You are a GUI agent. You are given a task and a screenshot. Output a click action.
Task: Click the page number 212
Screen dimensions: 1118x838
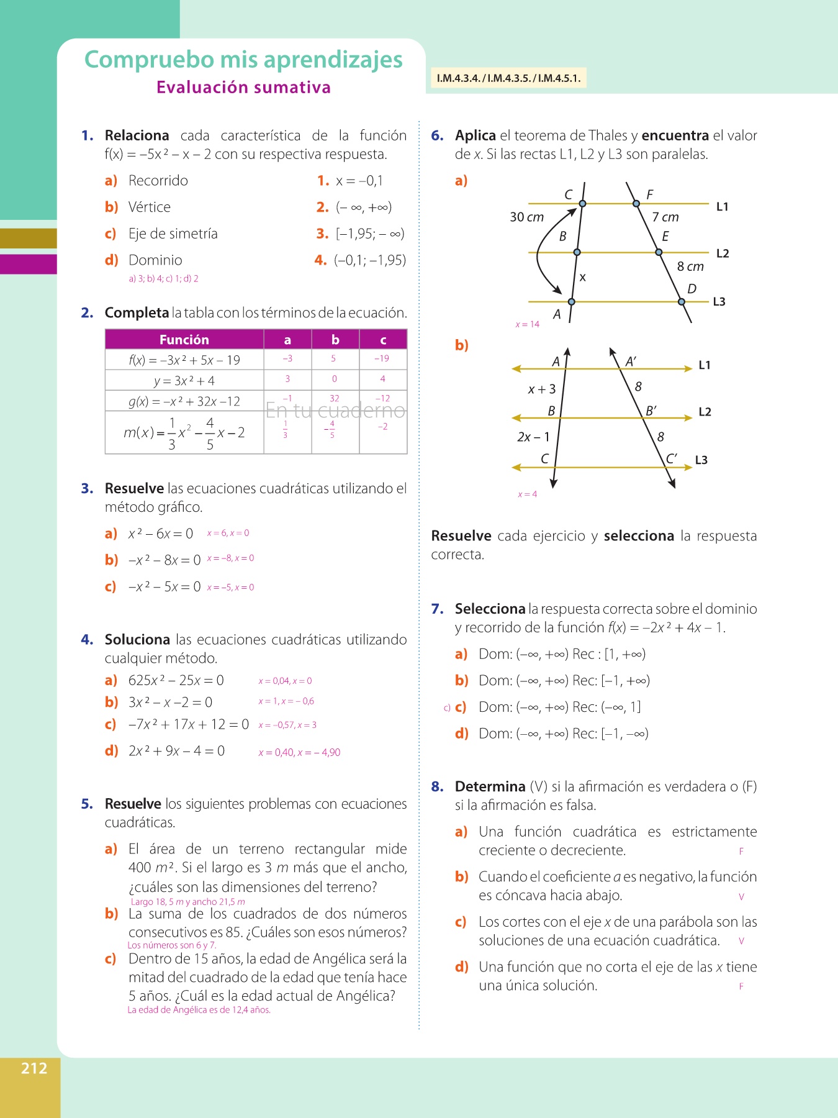tap(34, 1068)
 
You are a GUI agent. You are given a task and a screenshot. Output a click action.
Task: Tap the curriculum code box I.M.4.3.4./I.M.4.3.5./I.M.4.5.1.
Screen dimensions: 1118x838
tap(508, 78)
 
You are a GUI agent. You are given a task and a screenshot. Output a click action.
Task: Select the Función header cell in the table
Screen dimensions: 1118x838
tap(184, 340)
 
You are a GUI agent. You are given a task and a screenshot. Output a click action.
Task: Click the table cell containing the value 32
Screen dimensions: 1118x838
tap(335, 398)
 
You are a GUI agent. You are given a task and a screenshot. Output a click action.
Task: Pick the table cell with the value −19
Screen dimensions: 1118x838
tap(382, 358)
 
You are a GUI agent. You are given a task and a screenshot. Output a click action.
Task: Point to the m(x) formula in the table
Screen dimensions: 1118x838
tap(184, 432)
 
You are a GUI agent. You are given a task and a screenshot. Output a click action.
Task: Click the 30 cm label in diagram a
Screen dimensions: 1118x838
tap(526, 217)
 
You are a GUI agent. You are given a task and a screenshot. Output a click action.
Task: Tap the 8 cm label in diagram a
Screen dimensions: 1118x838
tap(690, 266)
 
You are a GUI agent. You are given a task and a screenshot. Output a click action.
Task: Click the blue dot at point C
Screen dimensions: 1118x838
tap(582, 203)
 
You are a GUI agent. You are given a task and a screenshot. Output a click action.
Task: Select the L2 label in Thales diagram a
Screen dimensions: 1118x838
tap(723, 253)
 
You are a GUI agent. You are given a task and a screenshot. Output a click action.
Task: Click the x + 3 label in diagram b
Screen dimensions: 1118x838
tap(542, 389)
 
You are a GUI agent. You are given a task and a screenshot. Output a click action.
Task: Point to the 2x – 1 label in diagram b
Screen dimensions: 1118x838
tap(533, 437)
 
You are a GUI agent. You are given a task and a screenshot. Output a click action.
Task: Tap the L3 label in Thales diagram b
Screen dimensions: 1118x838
tap(701, 460)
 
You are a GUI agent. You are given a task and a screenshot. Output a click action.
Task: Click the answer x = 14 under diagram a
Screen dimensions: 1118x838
tap(528, 324)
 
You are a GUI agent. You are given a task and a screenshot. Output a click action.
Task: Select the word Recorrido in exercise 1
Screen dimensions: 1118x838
tap(158, 181)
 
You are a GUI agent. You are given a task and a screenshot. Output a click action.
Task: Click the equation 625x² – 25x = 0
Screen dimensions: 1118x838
tap(176, 681)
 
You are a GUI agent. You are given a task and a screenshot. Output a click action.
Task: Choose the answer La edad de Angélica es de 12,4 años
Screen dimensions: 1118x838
tap(199, 1010)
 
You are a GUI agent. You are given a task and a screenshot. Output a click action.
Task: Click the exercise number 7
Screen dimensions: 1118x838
tap(437, 609)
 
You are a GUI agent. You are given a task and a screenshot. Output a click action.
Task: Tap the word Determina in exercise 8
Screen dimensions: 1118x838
tap(490, 787)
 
